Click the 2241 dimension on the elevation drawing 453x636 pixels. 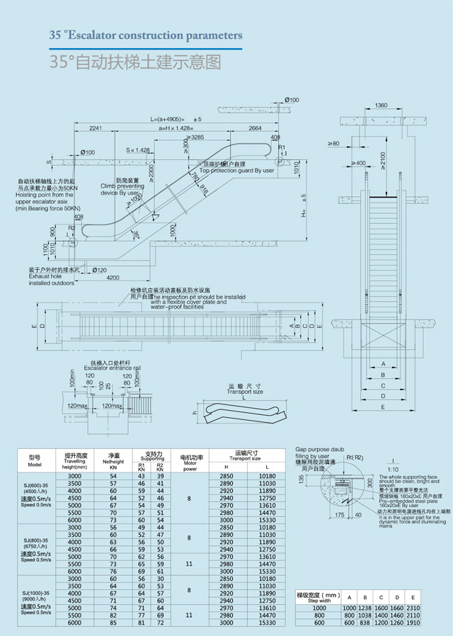click(97, 128)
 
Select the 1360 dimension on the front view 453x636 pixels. click(381, 105)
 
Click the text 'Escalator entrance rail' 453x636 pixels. click(113, 369)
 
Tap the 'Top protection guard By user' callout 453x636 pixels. click(236, 171)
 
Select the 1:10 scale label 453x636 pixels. click(393, 469)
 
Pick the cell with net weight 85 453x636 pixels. click(113, 623)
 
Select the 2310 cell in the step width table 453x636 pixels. click(412, 608)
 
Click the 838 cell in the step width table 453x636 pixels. click(365, 623)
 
